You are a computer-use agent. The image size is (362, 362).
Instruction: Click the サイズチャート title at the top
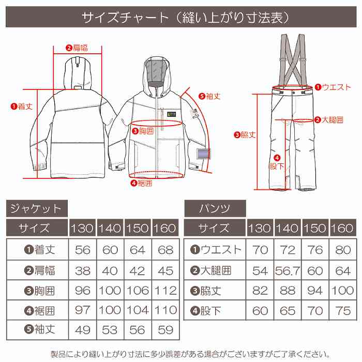[x=181, y=18]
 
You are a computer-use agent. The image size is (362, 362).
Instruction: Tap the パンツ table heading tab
[x=215, y=208]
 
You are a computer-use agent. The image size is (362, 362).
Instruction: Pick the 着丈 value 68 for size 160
[x=165, y=250]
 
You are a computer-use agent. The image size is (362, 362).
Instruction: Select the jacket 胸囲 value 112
[x=165, y=290]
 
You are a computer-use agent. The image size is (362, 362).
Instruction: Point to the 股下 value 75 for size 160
[x=342, y=310]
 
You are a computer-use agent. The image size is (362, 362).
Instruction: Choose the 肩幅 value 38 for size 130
[x=82, y=270]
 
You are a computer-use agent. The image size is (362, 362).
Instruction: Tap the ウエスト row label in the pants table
[x=216, y=250]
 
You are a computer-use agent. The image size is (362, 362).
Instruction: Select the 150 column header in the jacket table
[x=138, y=228]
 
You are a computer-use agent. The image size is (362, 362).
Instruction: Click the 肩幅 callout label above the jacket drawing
[x=77, y=48]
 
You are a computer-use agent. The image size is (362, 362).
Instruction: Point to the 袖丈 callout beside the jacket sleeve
[x=209, y=96]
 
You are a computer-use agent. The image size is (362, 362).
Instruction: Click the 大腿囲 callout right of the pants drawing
[x=329, y=119]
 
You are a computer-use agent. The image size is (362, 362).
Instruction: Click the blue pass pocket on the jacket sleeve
[x=203, y=155]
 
